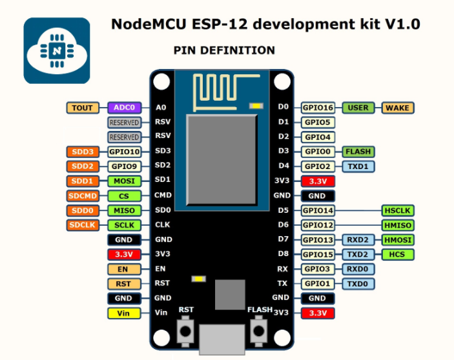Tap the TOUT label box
[x=82, y=108]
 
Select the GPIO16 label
[x=318, y=108]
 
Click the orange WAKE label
[x=397, y=108]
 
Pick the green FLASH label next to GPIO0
[x=358, y=152]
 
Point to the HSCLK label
[x=397, y=210]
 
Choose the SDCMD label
[x=82, y=195]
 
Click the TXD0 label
[x=358, y=283]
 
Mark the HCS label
[x=397, y=254]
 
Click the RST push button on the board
[x=186, y=331]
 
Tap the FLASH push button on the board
[x=260, y=331]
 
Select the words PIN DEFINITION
[x=224, y=50]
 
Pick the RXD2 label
[x=358, y=240]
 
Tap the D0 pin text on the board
[x=283, y=108]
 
